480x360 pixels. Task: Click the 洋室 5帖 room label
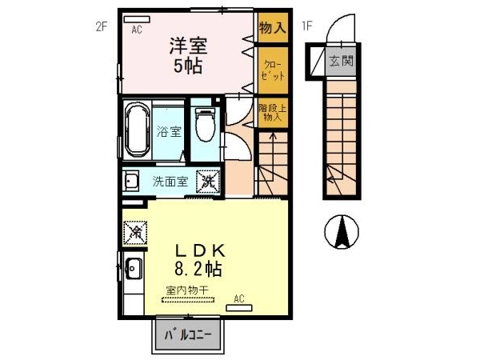[189, 55]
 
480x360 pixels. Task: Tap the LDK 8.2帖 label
[199, 260]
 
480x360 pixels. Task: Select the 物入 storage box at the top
[273, 27]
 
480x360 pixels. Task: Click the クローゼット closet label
[273, 70]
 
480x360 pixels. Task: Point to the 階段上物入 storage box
[273, 113]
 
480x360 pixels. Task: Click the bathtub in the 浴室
[138, 130]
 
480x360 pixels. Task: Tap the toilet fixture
[205, 124]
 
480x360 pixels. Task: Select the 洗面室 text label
[170, 182]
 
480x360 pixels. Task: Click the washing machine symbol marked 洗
[208, 182]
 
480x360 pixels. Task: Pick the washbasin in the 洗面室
[130, 182]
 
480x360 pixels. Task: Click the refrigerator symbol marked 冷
[135, 233]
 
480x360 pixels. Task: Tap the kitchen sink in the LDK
[134, 269]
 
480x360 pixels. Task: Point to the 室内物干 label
[188, 290]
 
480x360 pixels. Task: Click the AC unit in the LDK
[239, 308]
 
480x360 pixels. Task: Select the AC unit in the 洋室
[137, 19]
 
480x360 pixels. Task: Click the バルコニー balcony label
[188, 335]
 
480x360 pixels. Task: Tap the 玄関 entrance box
[341, 62]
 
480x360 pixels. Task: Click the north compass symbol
[342, 232]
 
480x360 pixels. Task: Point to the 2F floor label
[102, 27]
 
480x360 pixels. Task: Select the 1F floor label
[307, 26]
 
